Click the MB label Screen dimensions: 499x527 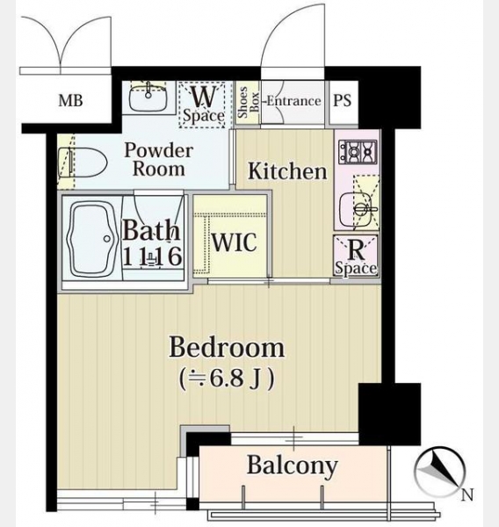click(70, 100)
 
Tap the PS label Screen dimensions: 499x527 click(343, 100)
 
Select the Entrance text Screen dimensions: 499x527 click(293, 101)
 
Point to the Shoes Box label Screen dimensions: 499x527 click(248, 102)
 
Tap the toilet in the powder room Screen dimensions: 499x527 click(83, 162)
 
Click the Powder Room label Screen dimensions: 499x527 click(159, 159)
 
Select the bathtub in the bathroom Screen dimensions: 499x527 click(91, 239)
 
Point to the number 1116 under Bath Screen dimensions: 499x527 click(153, 256)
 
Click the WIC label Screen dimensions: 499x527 click(235, 242)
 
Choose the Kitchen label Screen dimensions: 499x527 click(287, 171)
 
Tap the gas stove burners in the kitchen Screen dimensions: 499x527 click(358, 152)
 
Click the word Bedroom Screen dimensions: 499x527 click(227, 348)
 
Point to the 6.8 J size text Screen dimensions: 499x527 click(228, 379)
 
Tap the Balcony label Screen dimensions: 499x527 click(293, 466)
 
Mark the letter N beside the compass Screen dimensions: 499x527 click(467, 495)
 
